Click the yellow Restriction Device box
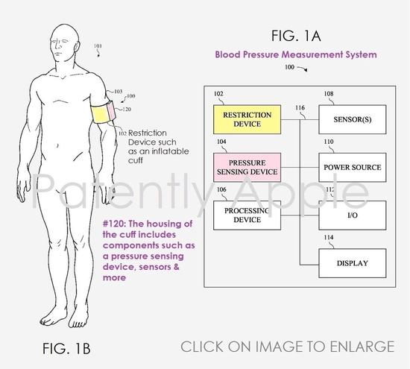(247, 119)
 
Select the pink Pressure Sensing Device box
(247, 168)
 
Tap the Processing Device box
(247, 215)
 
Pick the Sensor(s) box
(353, 119)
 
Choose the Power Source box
(353, 168)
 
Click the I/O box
(353, 215)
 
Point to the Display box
(353, 263)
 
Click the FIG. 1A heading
(296, 36)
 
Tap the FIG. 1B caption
(66, 348)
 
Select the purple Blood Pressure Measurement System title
(296, 54)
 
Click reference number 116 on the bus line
(300, 108)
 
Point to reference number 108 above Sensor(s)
(329, 94)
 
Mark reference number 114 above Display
(329, 237)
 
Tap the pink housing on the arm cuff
(112, 111)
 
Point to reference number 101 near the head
(98, 46)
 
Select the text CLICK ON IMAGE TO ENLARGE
(287, 347)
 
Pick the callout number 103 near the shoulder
(119, 91)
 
